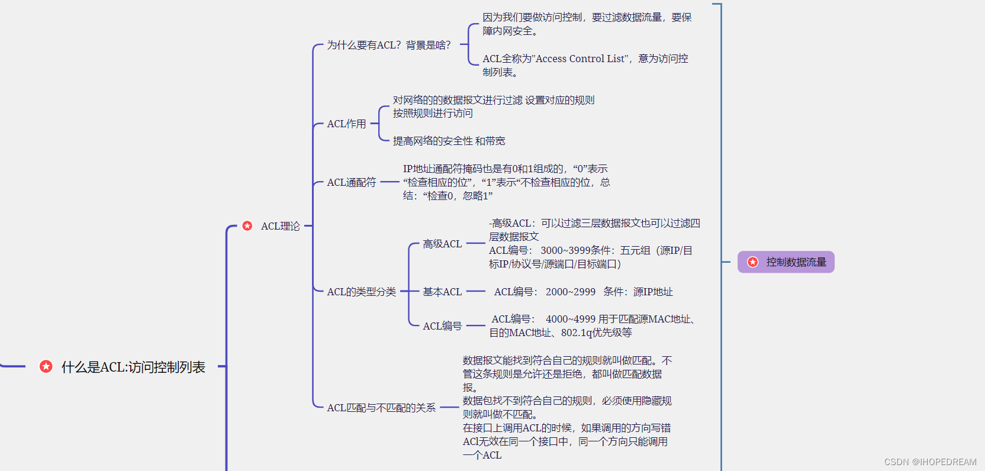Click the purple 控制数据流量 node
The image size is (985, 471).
pos(786,262)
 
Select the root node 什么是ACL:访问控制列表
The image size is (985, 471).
pos(133,367)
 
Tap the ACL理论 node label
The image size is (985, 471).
pos(281,226)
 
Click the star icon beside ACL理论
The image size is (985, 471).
pos(247,226)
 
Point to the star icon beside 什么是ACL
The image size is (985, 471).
pos(46,367)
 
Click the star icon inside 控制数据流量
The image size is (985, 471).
pos(752,262)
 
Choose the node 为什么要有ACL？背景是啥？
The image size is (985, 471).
pos(389,45)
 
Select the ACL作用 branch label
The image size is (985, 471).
pos(347,124)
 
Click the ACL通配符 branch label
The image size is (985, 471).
pos(352,182)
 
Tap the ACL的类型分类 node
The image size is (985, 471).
pos(362,292)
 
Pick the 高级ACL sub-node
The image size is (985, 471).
pos(442,244)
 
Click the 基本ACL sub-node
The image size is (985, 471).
pos(442,292)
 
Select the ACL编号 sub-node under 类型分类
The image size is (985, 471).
pos(442,326)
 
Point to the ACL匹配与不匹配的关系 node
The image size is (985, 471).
pos(381,408)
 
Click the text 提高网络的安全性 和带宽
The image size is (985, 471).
pos(449,141)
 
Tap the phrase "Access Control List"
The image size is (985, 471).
pos(580,59)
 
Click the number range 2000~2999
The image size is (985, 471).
pos(571,292)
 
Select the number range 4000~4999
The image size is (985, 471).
pos(571,319)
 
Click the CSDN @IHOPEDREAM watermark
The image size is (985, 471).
pos(931,462)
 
